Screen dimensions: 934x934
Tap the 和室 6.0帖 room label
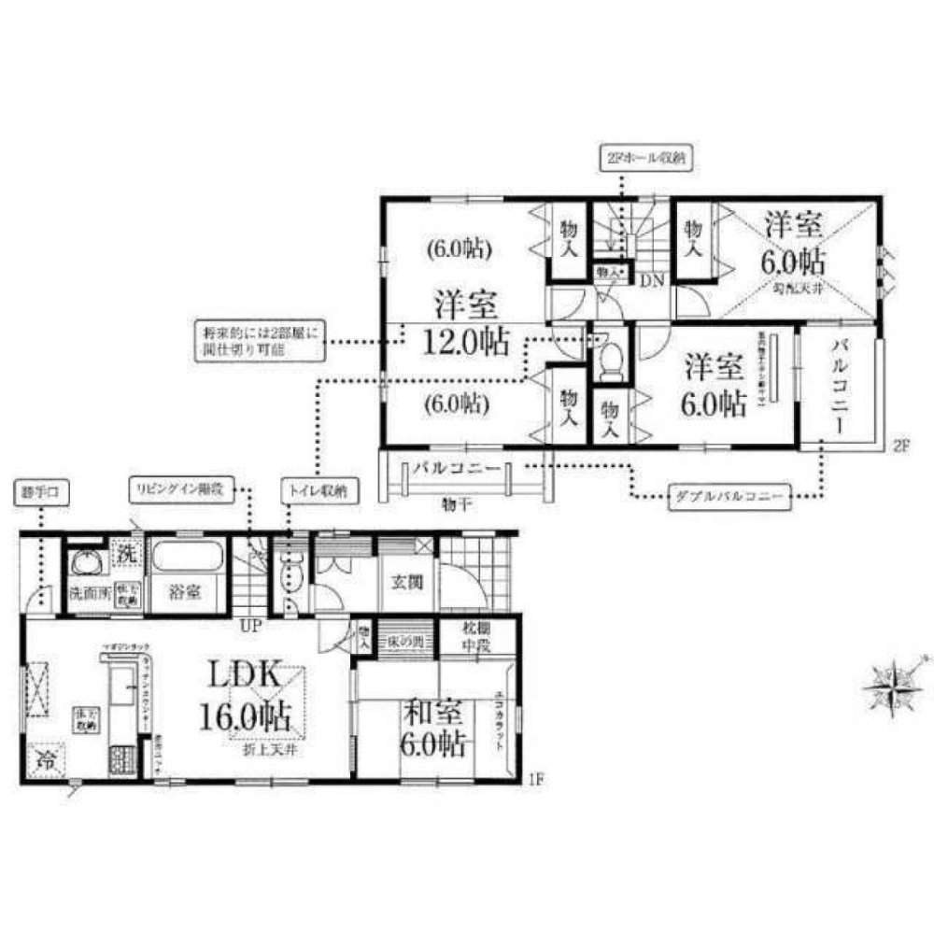pos(434,729)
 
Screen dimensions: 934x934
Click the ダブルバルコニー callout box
pos(729,496)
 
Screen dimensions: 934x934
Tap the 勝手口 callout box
pos(39,491)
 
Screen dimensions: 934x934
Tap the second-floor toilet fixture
pos(611,359)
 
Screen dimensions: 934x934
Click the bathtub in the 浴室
pos(187,558)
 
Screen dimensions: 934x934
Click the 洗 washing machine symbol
pos(126,553)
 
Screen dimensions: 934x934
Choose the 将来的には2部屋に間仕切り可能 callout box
pos(257,341)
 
